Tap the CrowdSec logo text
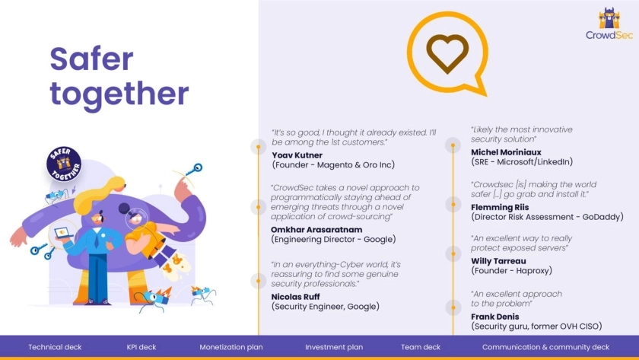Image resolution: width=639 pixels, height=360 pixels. coord(609,35)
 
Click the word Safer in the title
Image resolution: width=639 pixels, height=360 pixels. coord(91,59)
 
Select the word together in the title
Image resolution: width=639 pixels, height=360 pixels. coord(119,94)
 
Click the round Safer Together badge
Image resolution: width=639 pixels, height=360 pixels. coord(64,164)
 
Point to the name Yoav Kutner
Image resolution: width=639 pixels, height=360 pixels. coord(297,155)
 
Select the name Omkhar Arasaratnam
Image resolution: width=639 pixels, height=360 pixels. coord(316,230)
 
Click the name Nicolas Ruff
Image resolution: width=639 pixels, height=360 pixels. coord(295,297)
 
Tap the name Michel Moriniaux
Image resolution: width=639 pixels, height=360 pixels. coord(506,152)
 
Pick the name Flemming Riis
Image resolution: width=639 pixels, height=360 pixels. coord(500,207)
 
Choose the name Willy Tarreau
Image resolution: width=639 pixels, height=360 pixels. coord(498,261)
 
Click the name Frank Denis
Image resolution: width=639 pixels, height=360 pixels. coord(494,317)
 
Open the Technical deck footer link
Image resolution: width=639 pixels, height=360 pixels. coord(55,347)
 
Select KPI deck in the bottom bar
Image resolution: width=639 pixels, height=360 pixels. coord(141,347)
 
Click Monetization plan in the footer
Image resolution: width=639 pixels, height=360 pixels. coord(231,347)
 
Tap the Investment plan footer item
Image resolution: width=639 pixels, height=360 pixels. coord(334,347)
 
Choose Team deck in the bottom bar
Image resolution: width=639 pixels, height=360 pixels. coord(421,347)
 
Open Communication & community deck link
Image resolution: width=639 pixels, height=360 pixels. coord(545,347)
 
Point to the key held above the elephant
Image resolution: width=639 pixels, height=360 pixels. coord(193,169)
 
